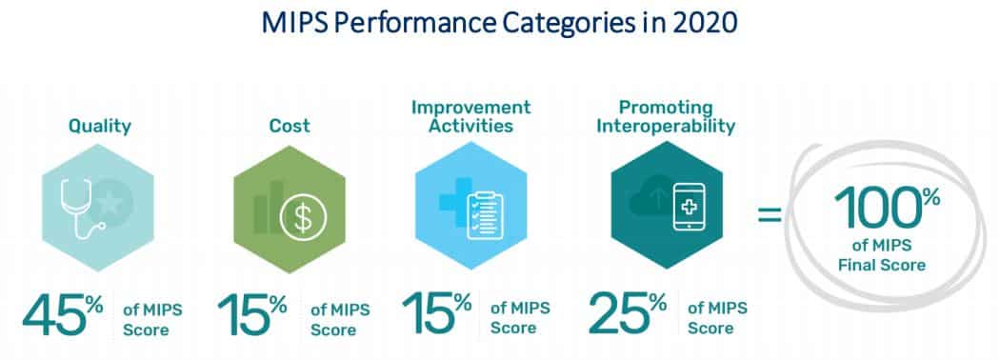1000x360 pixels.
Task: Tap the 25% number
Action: point(630,315)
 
